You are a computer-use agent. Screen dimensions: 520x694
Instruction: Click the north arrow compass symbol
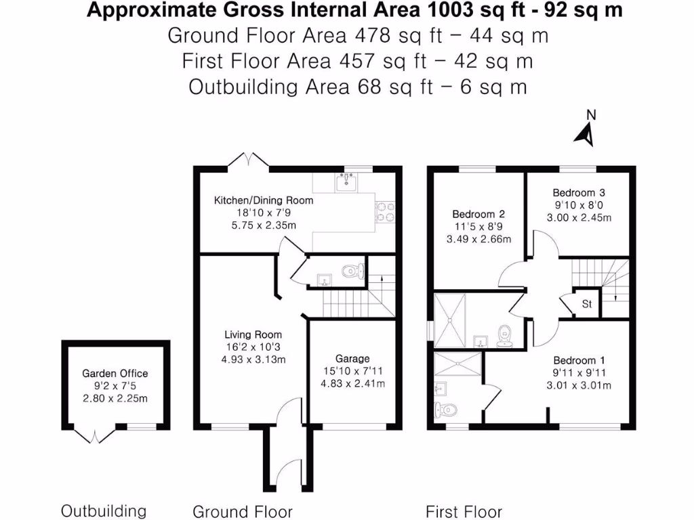click(586, 133)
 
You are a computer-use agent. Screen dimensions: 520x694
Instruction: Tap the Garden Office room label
click(115, 373)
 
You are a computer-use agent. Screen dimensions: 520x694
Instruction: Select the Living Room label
click(253, 334)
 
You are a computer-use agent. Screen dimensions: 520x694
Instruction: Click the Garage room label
click(352, 358)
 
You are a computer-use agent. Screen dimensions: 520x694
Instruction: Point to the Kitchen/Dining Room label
click(264, 200)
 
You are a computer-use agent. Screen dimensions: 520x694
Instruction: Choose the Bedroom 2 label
click(478, 215)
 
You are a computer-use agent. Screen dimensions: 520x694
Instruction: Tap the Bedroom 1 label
click(579, 360)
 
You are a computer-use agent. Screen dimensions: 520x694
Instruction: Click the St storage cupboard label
click(587, 304)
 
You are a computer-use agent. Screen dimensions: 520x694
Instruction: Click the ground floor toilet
click(350, 272)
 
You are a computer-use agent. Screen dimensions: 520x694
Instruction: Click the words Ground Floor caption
click(243, 511)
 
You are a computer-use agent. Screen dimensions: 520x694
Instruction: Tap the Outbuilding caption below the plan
click(104, 511)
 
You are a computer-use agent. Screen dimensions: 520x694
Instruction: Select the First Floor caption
click(464, 511)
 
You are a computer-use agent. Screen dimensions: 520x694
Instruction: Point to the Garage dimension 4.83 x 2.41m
click(352, 384)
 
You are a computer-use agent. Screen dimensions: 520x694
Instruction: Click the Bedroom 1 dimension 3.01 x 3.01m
click(579, 386)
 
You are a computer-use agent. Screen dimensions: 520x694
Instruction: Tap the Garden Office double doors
click(93, 435)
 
